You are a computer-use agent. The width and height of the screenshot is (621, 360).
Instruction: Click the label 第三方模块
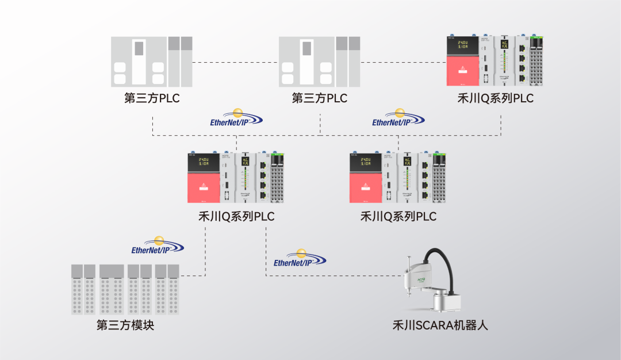125,325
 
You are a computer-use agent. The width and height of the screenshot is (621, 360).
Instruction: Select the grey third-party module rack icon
125,289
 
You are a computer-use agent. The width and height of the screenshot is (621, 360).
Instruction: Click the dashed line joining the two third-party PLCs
236,62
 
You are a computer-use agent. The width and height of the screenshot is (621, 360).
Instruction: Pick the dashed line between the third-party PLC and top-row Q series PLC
402,62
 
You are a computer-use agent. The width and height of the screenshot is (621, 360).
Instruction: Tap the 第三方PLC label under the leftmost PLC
152,98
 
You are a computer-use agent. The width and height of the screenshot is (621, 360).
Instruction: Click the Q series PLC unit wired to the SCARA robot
236,177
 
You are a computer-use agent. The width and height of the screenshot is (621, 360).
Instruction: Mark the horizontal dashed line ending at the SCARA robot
333,275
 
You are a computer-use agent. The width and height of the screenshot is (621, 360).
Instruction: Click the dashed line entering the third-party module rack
193,275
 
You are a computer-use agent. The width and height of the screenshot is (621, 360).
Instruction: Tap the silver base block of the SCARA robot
444,302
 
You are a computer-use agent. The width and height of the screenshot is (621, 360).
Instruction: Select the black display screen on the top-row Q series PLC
462,46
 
